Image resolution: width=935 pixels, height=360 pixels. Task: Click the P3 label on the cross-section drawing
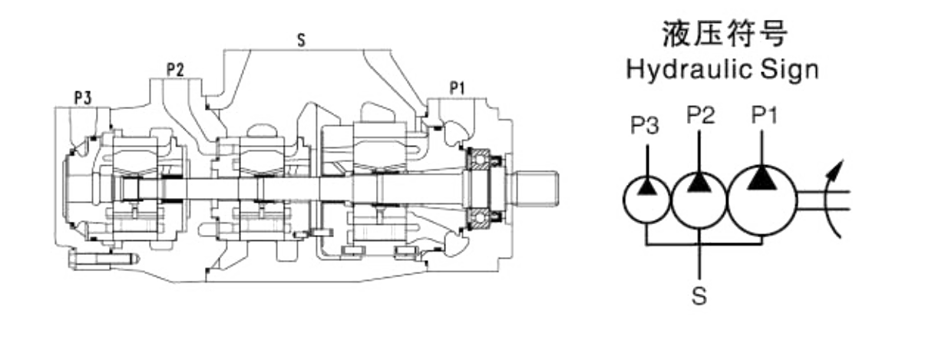[x=83, y=97]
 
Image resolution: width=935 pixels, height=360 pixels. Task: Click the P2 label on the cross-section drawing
[x=176, y=70]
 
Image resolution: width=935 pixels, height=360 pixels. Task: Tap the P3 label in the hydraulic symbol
[x=645, y=125]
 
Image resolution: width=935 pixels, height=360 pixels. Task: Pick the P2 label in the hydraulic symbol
[x=700, y=115]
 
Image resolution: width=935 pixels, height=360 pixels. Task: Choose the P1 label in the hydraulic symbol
[x=765, y=115]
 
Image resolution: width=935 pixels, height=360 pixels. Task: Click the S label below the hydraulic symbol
[x=699, y=296]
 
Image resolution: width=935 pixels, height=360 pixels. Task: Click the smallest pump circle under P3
[x=647, y=197]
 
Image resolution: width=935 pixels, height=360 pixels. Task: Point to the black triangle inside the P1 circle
[x=762, y=179]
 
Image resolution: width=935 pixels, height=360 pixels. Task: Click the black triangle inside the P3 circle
[x=647, y=187]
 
